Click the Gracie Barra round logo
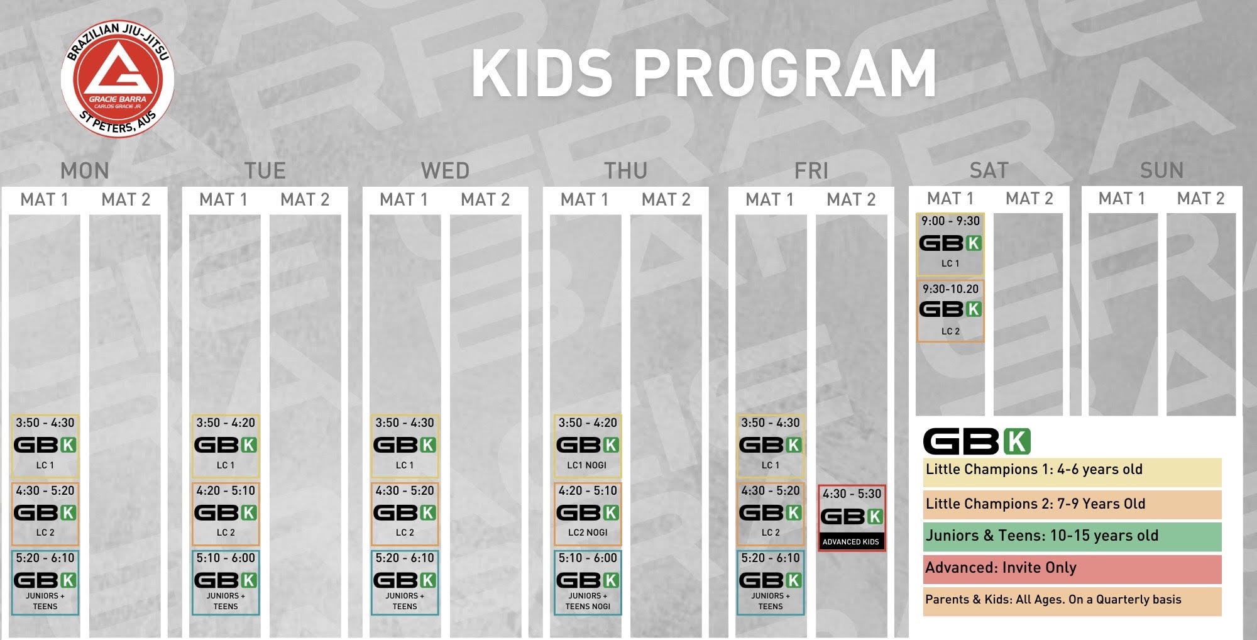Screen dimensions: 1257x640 [118, 79]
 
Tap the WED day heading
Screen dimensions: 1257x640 [445, 170]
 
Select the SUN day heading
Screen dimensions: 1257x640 [1161, 170]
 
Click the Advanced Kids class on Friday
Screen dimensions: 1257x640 [852, 518]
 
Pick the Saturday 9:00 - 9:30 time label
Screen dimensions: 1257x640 [950, 221]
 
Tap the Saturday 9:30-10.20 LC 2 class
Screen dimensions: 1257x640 [950, 311]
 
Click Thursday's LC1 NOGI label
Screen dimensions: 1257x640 [587, 465]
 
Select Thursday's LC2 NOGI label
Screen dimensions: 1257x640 [588, 532]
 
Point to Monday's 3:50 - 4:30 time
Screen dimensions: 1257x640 [45, 422]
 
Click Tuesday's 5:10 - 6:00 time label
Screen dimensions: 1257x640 [226, 558]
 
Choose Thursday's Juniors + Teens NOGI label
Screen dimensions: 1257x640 [588, 601]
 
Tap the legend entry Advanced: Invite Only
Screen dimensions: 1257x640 [1072, 569]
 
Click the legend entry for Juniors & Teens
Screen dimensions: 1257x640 [1072, 536]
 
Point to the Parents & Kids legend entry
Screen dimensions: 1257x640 [1072, 601]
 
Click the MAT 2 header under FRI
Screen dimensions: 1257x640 [851, 199]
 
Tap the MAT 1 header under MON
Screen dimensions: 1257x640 [44, 199]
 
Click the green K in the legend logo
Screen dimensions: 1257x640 [1017, 441]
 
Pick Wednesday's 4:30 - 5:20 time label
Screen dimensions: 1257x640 [405, 490]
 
